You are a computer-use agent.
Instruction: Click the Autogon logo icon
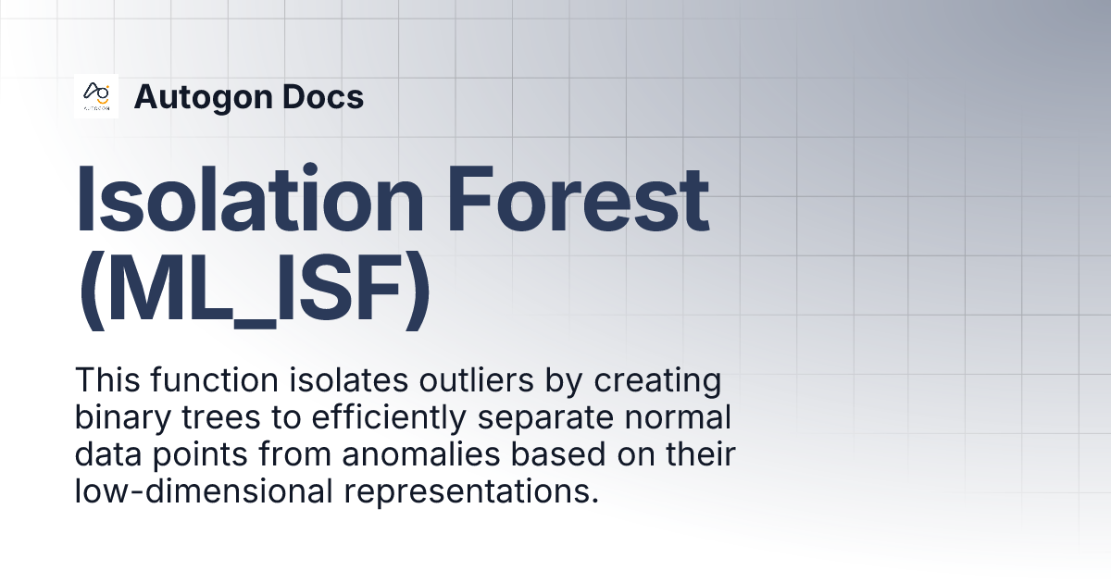pos(96,96)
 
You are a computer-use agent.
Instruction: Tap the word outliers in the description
pos(434,380)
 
